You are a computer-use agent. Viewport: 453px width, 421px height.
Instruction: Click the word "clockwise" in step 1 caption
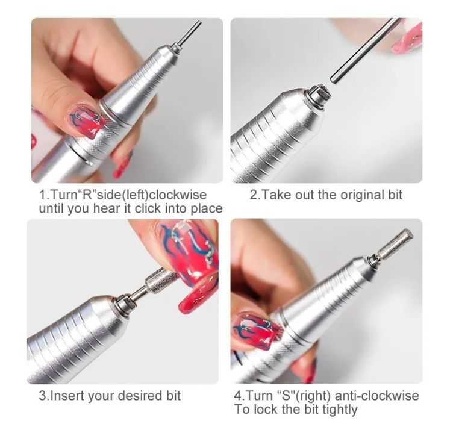click(178, 195)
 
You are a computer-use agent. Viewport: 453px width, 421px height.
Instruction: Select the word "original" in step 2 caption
click(349, 195)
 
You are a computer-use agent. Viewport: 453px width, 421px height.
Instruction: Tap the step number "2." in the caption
click(254, 195)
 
